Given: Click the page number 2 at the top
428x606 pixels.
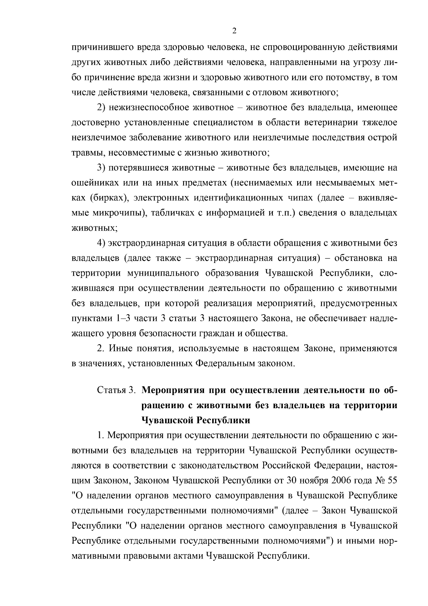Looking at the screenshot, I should pos(234,31).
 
